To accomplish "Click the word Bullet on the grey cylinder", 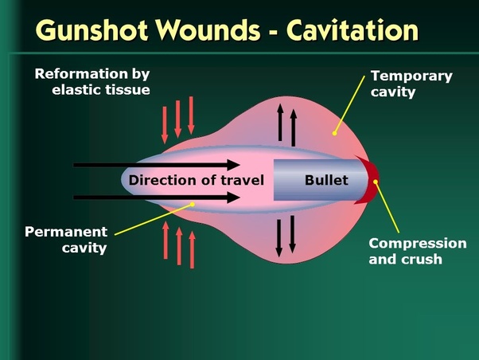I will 326,180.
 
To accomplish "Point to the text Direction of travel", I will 196,180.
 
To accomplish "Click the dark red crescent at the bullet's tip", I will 369,181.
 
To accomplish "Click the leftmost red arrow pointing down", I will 165,123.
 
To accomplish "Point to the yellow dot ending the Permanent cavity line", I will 193,204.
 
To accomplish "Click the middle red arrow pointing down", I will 178,119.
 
